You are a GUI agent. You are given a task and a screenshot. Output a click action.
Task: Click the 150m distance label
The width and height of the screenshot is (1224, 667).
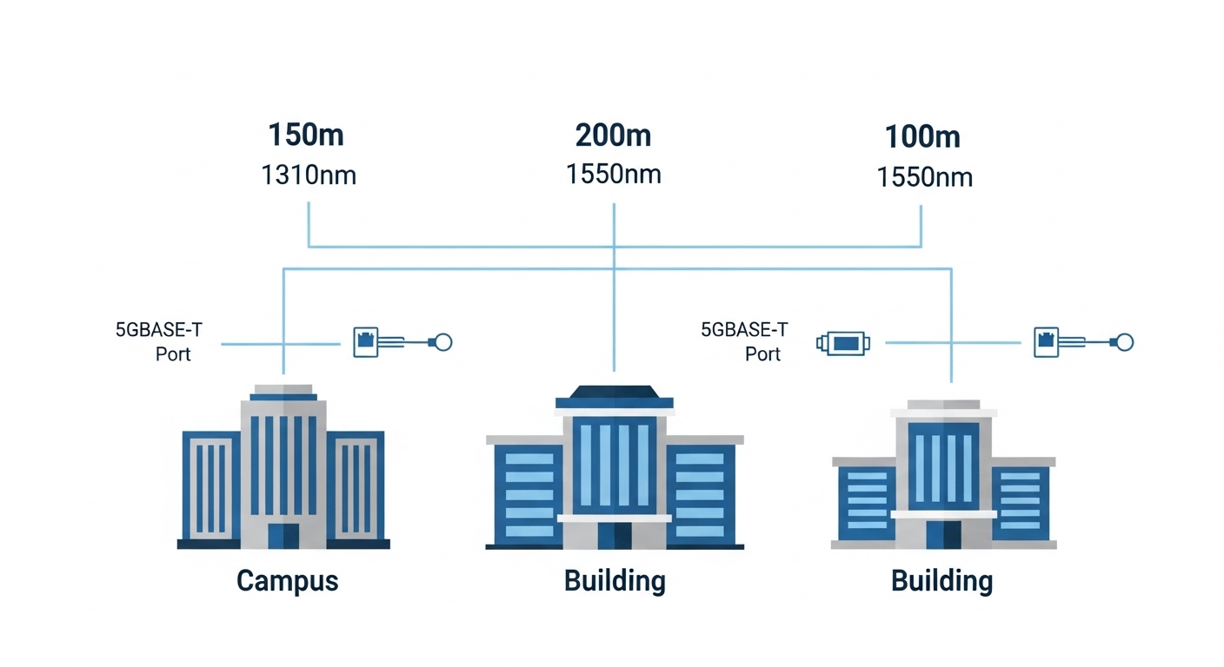point(305,135)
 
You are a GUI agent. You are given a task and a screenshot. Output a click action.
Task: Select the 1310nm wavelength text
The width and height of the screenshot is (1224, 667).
point(309,175)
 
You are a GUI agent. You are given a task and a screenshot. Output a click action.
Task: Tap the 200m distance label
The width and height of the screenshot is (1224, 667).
point(613,135)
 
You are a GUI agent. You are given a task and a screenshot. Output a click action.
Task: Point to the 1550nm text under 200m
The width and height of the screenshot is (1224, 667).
point(613,175)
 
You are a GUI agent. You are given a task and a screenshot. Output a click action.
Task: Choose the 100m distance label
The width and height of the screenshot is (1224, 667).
point(922,137)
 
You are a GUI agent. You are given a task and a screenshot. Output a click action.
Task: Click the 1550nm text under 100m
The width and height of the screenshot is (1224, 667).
point(924,177)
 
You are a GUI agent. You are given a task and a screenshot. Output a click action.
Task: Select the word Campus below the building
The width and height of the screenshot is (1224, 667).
point(287,580)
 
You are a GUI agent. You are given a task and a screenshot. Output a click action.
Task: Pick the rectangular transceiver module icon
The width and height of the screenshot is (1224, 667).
point(843,343)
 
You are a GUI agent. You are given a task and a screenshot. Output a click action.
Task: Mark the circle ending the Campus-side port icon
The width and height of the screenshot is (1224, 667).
point(442,342)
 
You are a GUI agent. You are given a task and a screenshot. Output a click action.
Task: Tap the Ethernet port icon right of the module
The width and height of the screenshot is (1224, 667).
point(1048,342)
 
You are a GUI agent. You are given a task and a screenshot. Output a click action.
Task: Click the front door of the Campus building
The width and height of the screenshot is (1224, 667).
point(283,535)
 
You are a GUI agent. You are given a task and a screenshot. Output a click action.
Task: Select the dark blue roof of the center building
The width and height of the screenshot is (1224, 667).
point(615,396)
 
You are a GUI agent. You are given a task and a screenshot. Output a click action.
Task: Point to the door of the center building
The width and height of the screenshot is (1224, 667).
point(615,535)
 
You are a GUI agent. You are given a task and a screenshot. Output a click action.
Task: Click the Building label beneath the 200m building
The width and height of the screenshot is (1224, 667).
point(615,580)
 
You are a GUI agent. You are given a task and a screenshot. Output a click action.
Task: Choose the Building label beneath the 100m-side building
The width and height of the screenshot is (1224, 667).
point(942,580)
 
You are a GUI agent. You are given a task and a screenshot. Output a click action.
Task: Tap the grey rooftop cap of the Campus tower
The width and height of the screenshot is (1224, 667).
point(283,389)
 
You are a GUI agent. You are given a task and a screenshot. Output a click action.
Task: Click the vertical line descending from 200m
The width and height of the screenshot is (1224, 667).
point(615,287)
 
